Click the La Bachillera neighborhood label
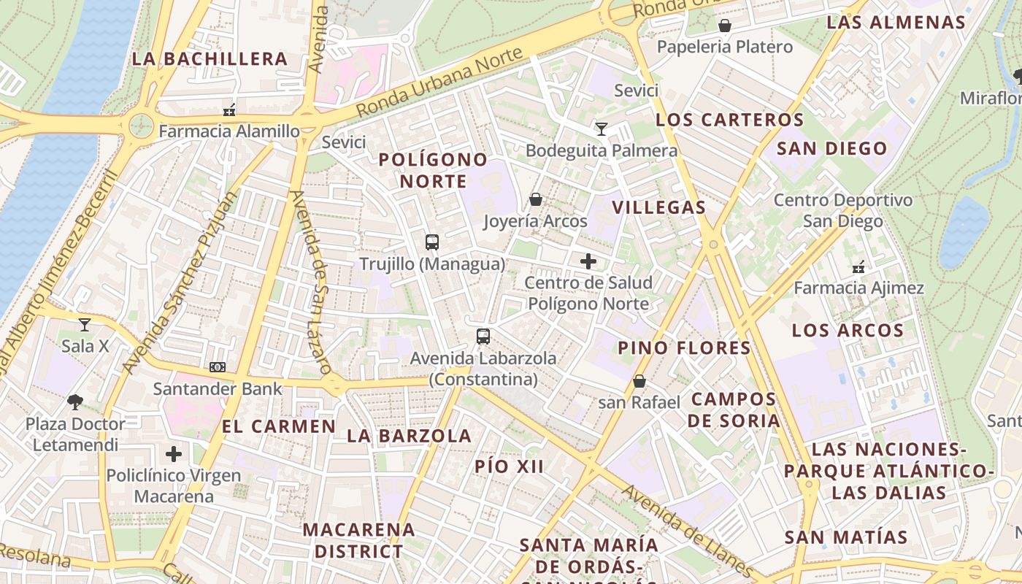(x=210, y=59)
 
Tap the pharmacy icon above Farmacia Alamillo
(x=229, y=111)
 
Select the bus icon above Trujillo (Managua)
(x=432, y=242)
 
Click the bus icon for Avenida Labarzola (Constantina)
(x=483, y=337)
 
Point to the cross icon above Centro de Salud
(x=588, y=261)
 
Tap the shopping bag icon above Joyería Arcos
(x=536, y=199)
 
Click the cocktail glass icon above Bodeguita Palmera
(x=602, y=129)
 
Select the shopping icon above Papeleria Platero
(x=725, y=26)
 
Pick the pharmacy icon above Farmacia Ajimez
(x=858, y=267)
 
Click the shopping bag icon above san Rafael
(x=639, y=381)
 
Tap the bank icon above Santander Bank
(x=218, y=367)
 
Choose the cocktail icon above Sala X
(x=85, y=325)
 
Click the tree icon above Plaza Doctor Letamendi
(x=75, y=401)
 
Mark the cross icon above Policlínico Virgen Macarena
(x=174, y=454)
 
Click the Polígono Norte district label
(x=433, y=170)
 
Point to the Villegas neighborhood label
(x=659, y=207)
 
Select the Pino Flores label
(x=684, y=348)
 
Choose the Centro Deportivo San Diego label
(x=842, y=210)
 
